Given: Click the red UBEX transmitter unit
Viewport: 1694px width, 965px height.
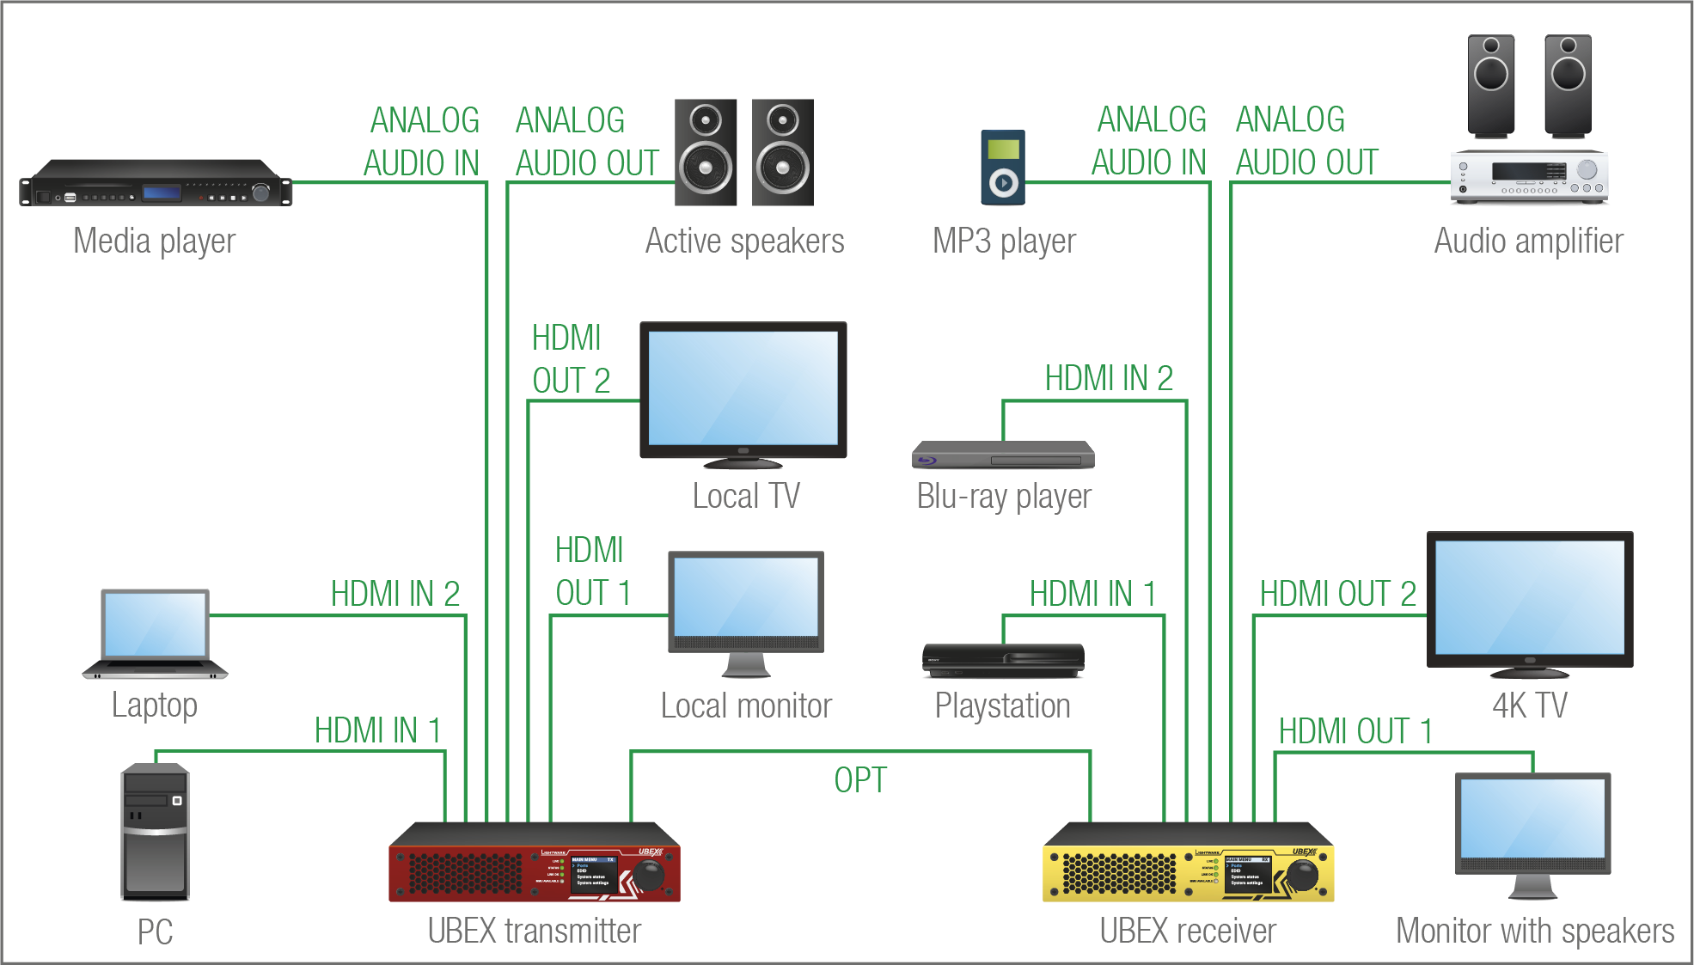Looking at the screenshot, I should pos(534,864).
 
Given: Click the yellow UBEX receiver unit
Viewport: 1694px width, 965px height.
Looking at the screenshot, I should pos(1188,864).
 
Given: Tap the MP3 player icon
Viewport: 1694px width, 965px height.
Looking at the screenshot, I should pos(1003,168).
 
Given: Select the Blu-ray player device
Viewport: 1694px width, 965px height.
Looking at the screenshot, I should pos(1003,455).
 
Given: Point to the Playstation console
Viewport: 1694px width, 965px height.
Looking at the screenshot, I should pos(1003,660).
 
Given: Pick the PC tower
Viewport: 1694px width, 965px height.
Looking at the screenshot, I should pos(155,832).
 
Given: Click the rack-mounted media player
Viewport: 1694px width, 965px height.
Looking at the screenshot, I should pos(156,182).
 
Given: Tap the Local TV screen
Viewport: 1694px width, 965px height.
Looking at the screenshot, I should pos(743,388).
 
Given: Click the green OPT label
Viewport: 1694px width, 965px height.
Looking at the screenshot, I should pos(859,780).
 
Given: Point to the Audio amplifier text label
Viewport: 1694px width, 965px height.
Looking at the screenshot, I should pos(1528,241).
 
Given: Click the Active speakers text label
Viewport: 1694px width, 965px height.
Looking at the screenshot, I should pos(744,241).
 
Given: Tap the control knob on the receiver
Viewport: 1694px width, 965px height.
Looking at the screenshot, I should pos(1303,875).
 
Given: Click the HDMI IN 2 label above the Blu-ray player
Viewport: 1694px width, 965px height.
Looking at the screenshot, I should pos(1109,378).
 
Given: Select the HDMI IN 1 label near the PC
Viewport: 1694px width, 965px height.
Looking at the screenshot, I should pos(377,730).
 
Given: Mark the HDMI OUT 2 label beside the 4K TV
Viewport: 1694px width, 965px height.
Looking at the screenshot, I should pos(1337,594).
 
